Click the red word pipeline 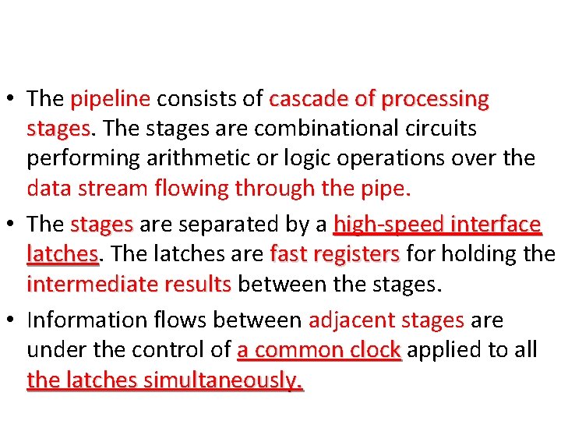[110, 100]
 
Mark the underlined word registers [362, 255]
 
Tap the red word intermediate [93, 285]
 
